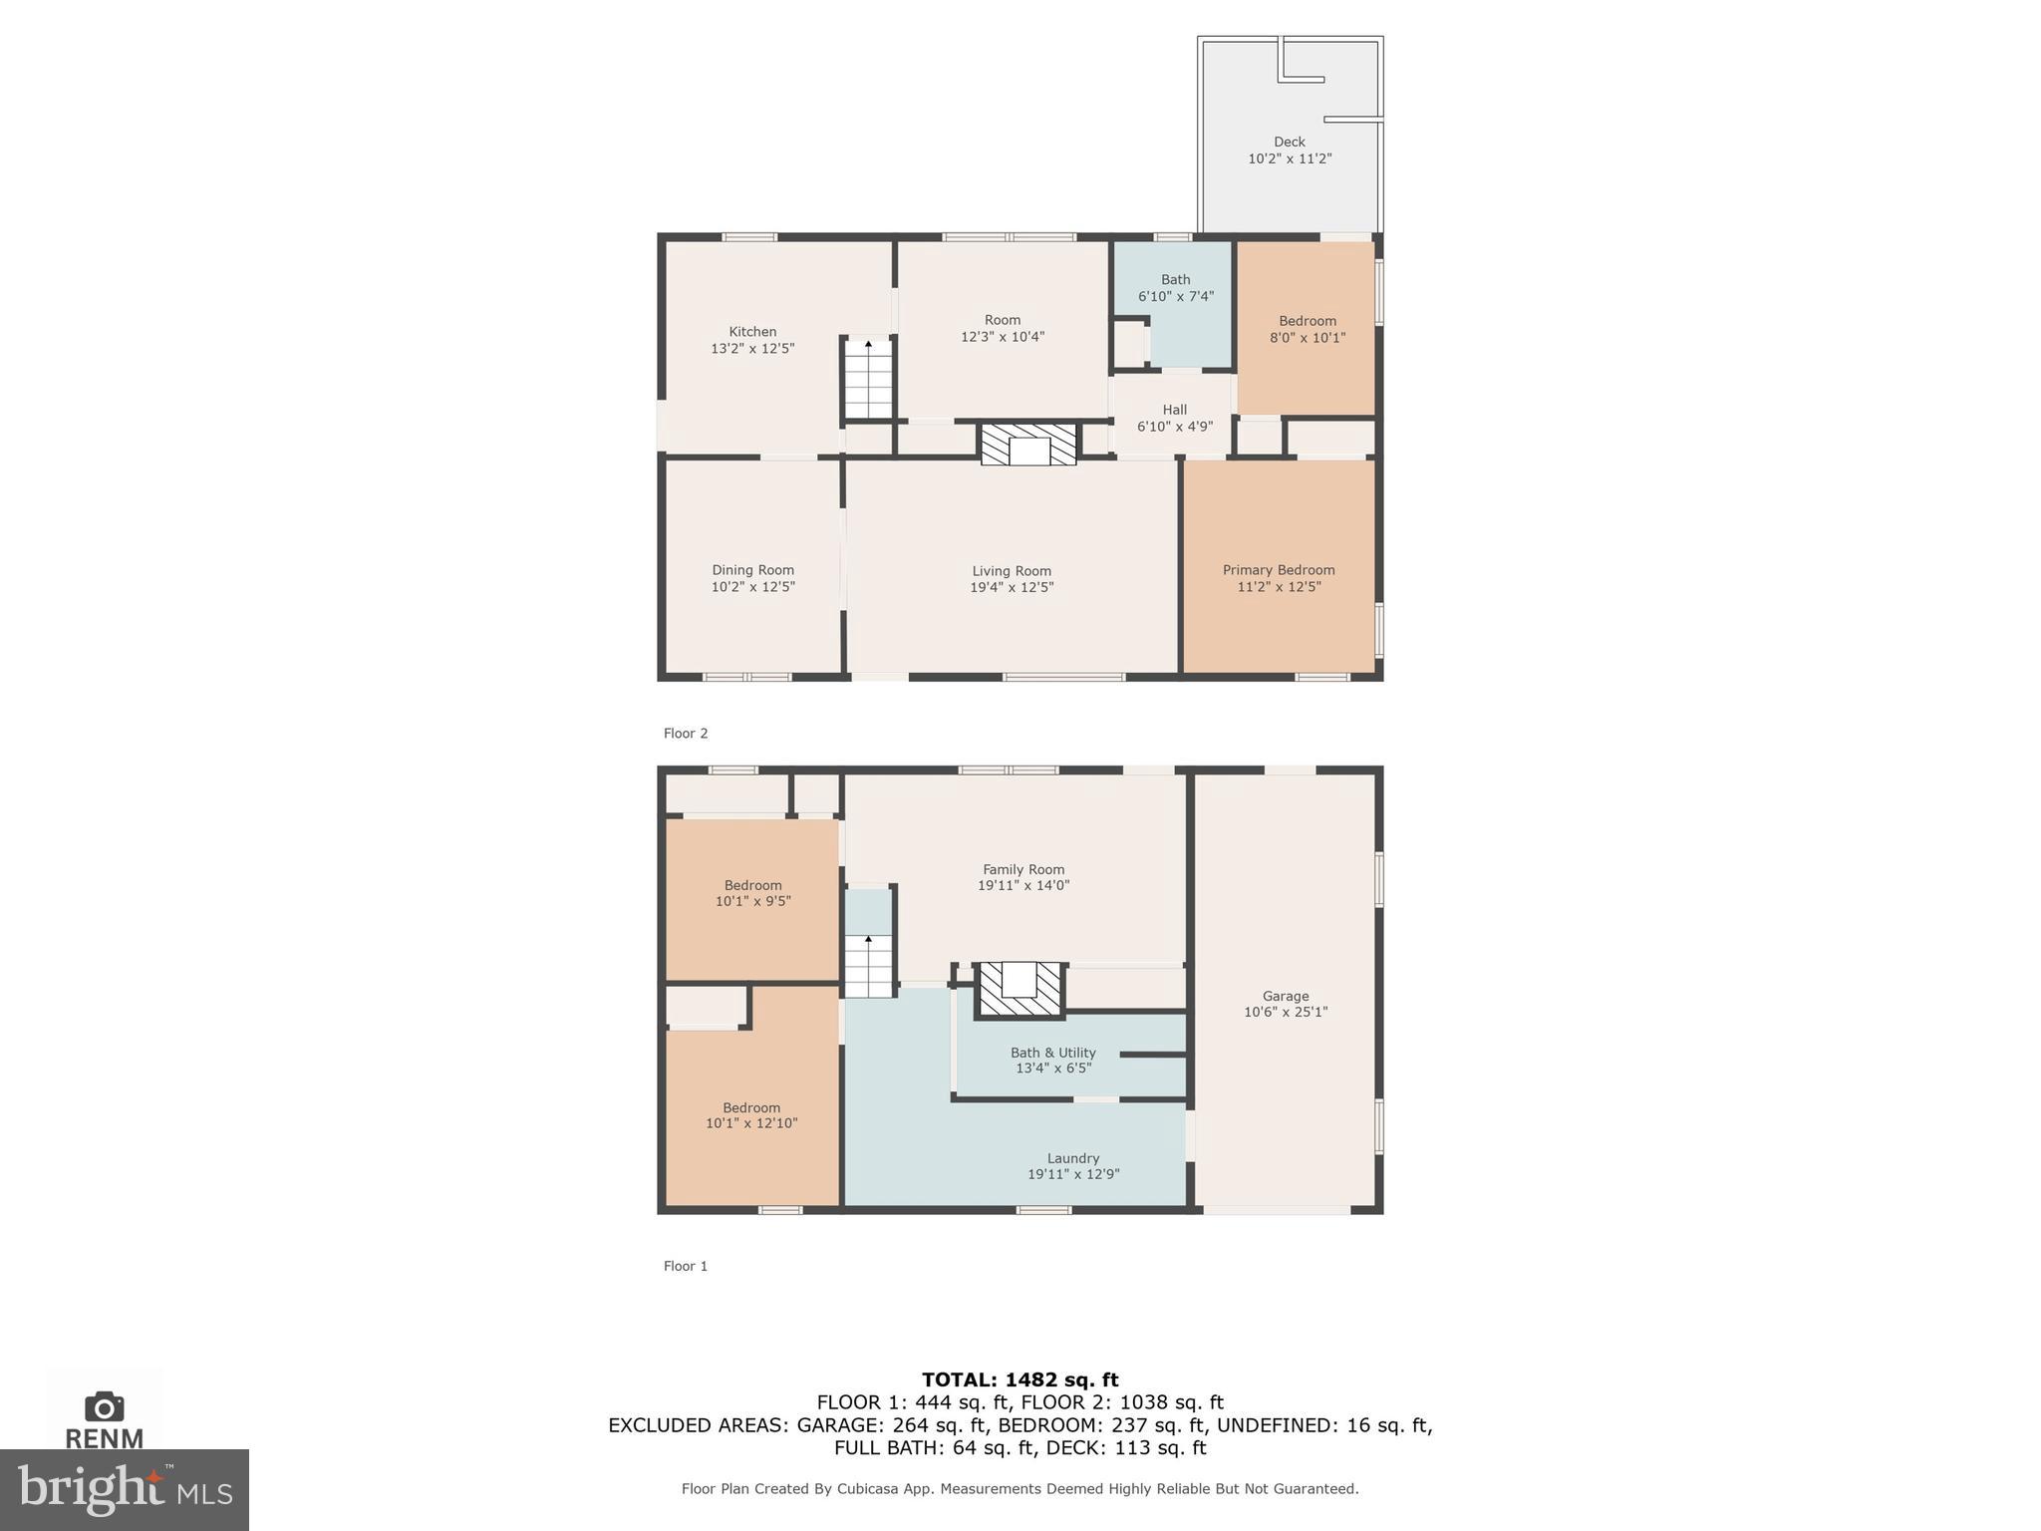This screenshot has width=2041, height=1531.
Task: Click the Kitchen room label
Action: click(752, 332)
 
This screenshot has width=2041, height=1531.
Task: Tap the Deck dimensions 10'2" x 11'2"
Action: click(1290, 158)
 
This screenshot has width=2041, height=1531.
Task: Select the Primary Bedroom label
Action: click(1279, 570)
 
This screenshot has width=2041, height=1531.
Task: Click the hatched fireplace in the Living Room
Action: click(1028, 445)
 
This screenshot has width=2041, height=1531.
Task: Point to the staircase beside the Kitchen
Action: click(868, 380)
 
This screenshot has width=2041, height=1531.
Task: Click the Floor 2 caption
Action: click(686, 734)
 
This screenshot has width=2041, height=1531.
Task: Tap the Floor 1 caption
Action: click(686, 1266)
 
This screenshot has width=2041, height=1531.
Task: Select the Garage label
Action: click(1286, 996)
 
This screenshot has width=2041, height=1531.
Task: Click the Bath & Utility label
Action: click(1052, 1053)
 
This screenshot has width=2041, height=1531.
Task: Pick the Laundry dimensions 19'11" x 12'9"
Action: click(1073, 1174)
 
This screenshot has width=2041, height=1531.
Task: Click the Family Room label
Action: click(1023, 869)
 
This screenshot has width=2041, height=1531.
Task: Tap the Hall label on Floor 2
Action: click(1175, 410)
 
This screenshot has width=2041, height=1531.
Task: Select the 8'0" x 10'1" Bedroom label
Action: click(1308, 329)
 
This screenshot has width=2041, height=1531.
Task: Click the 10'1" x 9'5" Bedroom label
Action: click(752, 893)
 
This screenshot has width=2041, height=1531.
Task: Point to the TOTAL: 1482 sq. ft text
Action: click(1020, 1379)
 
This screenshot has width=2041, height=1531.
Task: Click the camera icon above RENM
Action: click(105, 1406)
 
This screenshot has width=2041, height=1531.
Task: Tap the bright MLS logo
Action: click(125, 1489)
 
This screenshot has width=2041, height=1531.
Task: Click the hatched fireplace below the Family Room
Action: click(1020, 989)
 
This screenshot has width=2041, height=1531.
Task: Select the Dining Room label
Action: click(752, 570)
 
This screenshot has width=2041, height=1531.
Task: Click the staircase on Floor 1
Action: click(868, 967)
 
